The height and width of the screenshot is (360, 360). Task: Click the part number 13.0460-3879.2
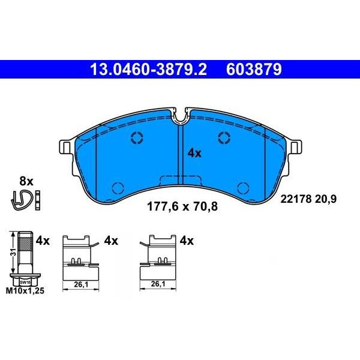click(149, 70)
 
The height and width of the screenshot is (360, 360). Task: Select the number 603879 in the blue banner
click(254, 70)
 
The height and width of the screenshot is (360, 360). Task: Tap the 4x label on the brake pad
click(194, 153)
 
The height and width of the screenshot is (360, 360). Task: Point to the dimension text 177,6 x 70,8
click(182, 206)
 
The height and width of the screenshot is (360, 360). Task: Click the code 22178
click(296, 199)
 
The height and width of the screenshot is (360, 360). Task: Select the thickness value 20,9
click(326, 199)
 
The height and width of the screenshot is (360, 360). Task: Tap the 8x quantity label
click(26, 181)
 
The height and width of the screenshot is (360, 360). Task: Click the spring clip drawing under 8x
click(22, 200)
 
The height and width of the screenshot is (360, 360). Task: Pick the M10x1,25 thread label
click(25, 291)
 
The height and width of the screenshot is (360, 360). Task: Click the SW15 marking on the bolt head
click(25, 282)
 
